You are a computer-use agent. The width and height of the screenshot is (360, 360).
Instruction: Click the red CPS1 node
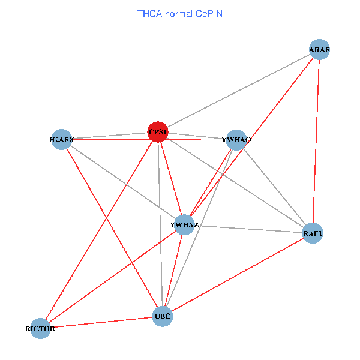[158, 133]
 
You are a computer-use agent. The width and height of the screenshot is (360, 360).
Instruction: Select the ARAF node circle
[319, 50]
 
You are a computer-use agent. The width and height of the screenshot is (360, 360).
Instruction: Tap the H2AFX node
[62, 140]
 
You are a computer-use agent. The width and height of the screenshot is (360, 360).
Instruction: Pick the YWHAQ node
[237, 140]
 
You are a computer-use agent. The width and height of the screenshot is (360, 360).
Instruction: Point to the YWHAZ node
[184, 225]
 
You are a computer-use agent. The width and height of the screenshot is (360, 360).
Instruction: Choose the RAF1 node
[313, 233]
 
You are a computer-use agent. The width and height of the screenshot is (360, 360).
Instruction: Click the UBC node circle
[163, 316]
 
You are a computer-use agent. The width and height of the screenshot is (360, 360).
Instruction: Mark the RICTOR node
[40, 328]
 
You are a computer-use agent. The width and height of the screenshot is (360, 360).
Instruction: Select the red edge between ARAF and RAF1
[316, 141]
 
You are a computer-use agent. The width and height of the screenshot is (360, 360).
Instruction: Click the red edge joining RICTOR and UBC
[101, 322]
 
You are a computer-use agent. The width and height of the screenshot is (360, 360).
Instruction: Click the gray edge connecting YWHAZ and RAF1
[248, 229]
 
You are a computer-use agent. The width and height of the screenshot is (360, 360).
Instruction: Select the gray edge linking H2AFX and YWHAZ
[123, 182]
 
